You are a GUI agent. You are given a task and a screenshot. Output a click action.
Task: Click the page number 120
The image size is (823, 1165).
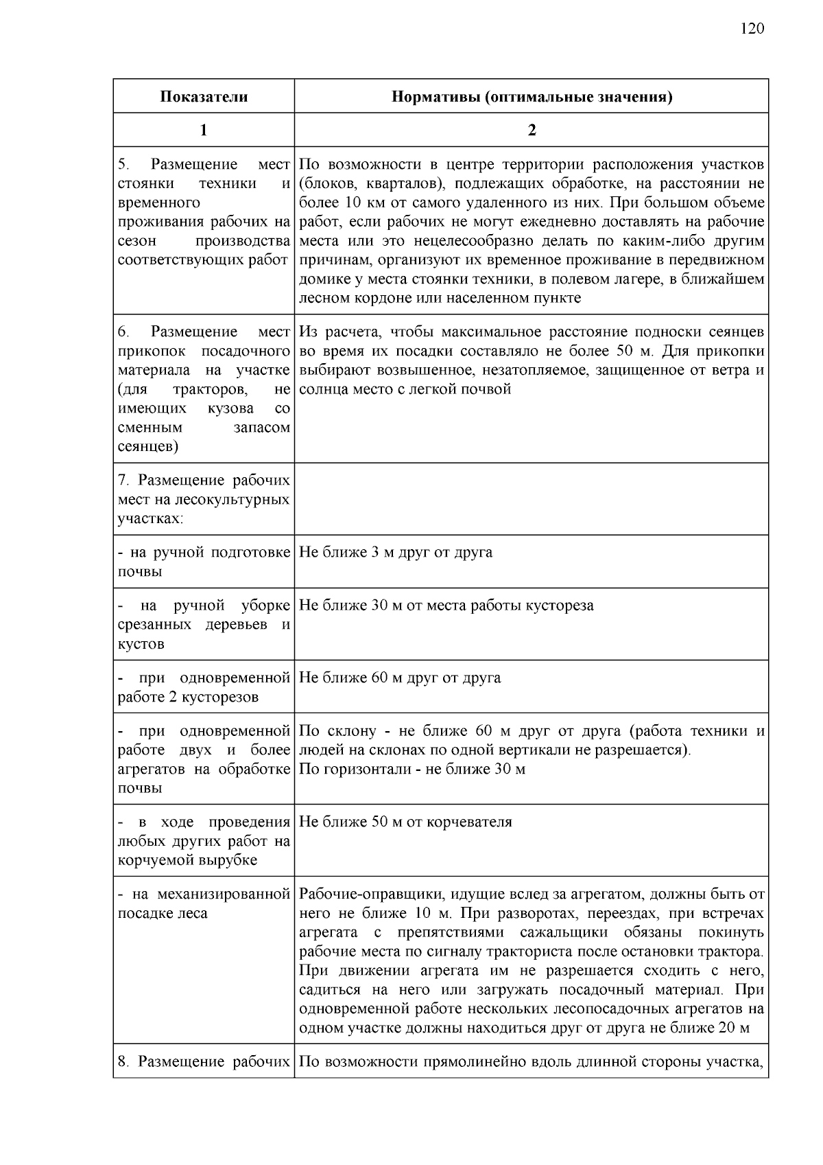(752, 29)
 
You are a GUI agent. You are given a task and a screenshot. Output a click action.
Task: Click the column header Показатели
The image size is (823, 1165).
(204, 97)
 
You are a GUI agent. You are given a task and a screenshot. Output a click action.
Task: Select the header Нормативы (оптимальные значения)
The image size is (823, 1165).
(532, 97)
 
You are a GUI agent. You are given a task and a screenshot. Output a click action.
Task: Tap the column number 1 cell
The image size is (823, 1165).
(204, 130)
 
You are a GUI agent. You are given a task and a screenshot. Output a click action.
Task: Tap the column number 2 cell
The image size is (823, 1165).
(532, 130)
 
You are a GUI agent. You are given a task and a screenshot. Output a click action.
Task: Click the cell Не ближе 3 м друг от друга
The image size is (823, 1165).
(396, 553)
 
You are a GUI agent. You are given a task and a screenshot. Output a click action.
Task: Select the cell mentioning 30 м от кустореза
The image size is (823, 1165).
(446, 606)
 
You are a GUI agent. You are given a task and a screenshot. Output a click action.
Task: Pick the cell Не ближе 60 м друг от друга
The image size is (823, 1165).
(400, 678)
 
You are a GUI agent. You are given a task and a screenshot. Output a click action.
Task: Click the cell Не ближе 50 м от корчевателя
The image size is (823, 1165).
(405, 822)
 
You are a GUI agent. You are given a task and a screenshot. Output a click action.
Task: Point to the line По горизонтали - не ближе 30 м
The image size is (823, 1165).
(412, 770)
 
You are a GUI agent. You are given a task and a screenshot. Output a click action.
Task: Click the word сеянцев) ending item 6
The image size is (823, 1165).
(148, 447)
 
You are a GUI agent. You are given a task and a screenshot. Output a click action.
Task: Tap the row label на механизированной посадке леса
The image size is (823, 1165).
(204, 904)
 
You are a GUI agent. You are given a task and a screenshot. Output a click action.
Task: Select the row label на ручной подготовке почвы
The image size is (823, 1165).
(204, 562)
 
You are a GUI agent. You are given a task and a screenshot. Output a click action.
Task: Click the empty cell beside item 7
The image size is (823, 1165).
(532, 499)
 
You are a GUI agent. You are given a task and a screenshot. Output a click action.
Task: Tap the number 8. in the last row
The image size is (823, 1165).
(123, 1062)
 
